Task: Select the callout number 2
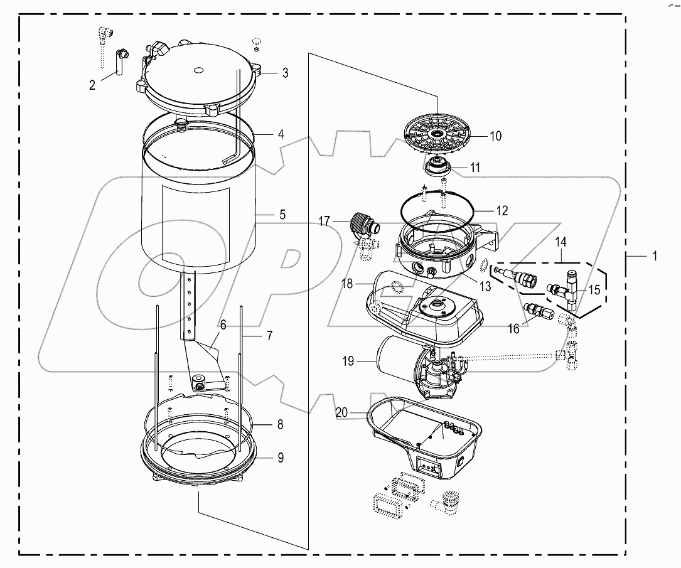click(92, 85)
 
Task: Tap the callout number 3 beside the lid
click(284, 73)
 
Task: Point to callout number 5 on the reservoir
click(282, 215)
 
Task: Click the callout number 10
click(495, 136)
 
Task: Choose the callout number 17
click(324, 221)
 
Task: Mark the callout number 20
click(341, 412)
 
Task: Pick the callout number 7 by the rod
click(269, 336)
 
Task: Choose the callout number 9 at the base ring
click(280, 458)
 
